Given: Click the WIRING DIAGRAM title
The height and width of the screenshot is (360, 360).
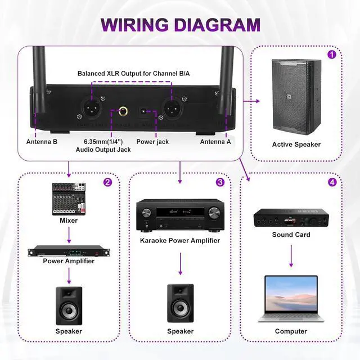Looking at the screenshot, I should (180, 25).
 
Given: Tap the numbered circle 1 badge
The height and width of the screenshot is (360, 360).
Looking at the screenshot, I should (332, 55).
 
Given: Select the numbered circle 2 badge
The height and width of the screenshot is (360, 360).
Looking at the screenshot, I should (107, 182).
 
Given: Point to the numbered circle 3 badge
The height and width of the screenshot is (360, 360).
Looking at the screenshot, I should (220, 182).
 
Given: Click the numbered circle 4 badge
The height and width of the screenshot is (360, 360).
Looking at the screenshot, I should (332, 182).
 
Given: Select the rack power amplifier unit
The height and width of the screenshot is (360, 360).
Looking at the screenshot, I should (68, 251).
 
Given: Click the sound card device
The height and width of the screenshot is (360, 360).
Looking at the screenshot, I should (291, 218).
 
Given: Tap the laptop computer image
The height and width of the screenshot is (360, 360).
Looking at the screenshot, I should (291, 298).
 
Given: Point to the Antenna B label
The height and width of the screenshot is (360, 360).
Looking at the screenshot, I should (42, 142).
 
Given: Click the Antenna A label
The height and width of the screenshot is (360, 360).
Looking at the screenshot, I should (215, 142).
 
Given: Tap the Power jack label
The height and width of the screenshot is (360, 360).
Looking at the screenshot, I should (152, 142).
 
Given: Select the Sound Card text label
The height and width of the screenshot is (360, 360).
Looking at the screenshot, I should (291, 235).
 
